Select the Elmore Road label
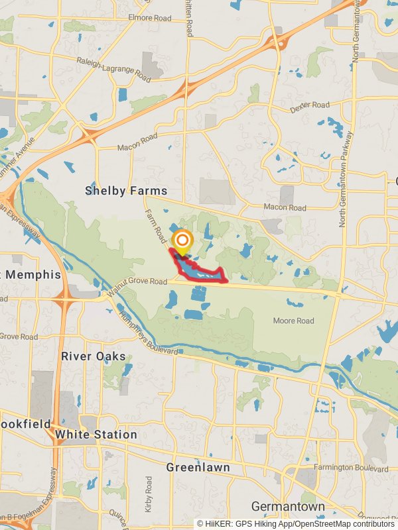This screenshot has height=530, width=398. pos(149,17)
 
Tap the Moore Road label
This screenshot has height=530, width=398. pos(293,321)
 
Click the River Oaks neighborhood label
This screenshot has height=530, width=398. pos(94,356)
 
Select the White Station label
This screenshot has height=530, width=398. pos(96,435)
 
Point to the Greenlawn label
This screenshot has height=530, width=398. pos(198,468)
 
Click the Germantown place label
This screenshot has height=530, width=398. pos(288,507)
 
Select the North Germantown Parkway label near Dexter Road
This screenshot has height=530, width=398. pos(346,179)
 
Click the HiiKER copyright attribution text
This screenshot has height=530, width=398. pos(295,523)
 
